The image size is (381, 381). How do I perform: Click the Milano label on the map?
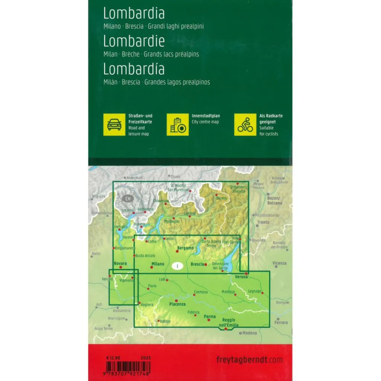pyautogui.click(x=158, y=264)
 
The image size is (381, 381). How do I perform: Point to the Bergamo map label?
pyautogui.click(x=186, y=248)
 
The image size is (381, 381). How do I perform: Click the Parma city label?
pyautogui.click(x=210, y=317)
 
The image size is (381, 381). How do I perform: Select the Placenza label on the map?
pyautogui.click(x=177, y=304)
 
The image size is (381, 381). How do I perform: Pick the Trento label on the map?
pyautogui.click(x=263, y=222)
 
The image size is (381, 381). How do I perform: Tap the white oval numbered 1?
pyautogui.click(x=178, y=266)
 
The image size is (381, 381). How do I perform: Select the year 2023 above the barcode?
pyautogui.click(x=146, y=358)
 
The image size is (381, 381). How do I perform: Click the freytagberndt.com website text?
pyautogui.click(x=249, y=360)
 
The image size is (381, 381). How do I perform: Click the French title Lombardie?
pyautogui.click(x=134, y=41)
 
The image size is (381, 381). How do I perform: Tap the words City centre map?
pyautogui.click(x=205, y=122)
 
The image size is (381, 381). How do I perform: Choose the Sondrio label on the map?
pyautogui.click(x=189, y=214)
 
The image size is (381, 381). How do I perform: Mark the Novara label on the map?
pyautogui.click(x=120, y=263)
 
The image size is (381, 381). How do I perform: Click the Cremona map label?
pyautogui.click(x=201, y=292)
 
